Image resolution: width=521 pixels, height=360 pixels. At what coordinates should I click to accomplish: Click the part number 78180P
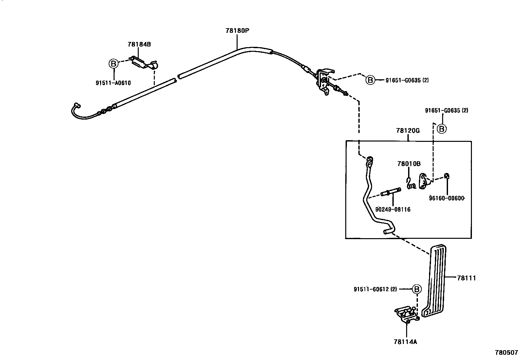(x=237, y=30)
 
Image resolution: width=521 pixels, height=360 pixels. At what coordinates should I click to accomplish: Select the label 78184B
(x=139, y=45)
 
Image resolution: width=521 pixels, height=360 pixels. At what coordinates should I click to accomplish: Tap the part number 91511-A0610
(x=113, y=83)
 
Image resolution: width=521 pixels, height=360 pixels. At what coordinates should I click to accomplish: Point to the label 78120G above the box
(x=408, y=130)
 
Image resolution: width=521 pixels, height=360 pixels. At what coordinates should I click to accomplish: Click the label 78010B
(x=409, y=164)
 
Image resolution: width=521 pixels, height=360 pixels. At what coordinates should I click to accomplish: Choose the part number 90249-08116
(x=393, y=209)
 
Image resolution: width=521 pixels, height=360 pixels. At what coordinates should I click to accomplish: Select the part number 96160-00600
(x=447, y=198)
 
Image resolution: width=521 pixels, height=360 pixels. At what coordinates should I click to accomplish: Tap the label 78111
(x=466, y=278)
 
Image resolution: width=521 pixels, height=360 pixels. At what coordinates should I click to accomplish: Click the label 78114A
(x=405, y=342)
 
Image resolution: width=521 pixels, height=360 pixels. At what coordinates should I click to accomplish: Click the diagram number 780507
(x=506, y=352)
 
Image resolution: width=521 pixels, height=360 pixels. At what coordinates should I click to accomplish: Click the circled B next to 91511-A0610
(x=113, y=64)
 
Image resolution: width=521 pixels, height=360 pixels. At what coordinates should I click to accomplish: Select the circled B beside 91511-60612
(x=417, y=289)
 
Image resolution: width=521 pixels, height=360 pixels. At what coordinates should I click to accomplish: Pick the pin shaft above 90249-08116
(x=391, y=192)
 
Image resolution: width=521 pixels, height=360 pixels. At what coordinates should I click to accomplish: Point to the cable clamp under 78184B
(x=144, y=63)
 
